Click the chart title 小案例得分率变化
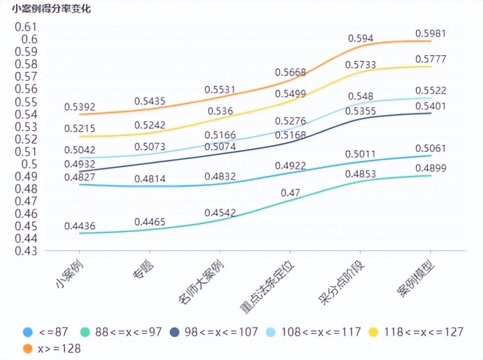click(x=48, y=9)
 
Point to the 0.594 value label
click(x=361, y=38)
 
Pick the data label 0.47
click(x=290, y=193)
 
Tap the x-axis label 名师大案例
click(x=203, y=283)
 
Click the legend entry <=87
click(x=46, y=332)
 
